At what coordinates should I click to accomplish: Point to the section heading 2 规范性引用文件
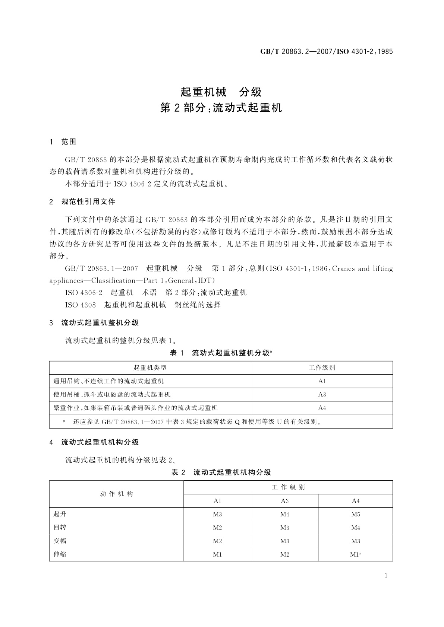click(82, 202)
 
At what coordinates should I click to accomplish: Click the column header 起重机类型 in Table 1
click(150, 368)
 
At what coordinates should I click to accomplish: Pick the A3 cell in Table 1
click(322, 395)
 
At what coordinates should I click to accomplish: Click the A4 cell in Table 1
click(322, 408)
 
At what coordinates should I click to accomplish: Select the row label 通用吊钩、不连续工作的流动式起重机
click(108, 381)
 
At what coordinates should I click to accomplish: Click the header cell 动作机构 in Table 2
click(116, 494)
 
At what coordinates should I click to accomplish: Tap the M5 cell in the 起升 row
click(356, 515)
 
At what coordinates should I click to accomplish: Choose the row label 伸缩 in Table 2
click(60, 554)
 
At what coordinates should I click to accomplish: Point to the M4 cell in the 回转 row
click(356, 528)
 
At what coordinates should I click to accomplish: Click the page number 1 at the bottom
click(386, 576)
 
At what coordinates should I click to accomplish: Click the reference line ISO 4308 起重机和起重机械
click(143, 305)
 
